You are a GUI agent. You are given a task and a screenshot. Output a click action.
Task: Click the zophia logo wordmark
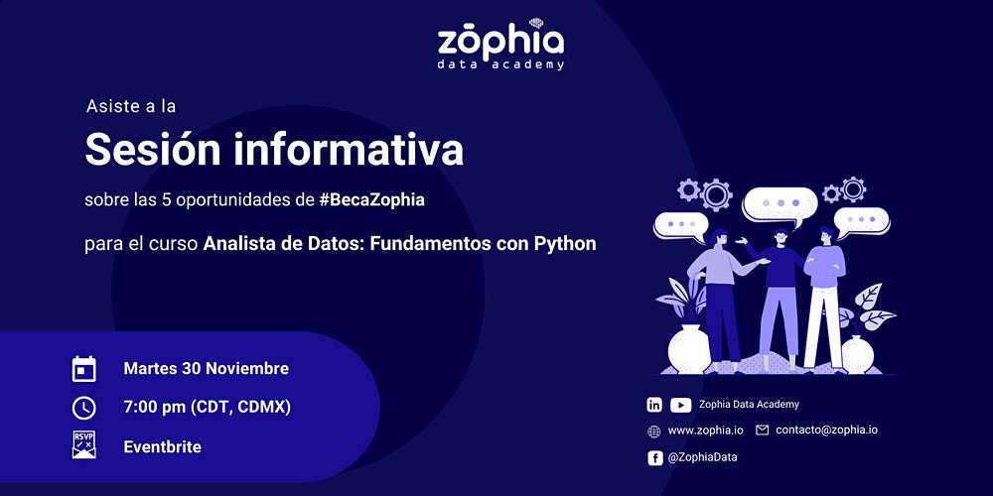tap(500, 42)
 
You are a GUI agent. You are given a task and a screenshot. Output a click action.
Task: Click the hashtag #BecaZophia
tap(372, 200)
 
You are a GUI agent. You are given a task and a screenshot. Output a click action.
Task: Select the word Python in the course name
tap(566, 244)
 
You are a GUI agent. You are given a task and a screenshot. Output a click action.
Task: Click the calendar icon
tap(84, 369)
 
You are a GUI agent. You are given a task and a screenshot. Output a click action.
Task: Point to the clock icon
tap(84, 408)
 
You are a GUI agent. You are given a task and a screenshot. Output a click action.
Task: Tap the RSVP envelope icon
tap(84, 444)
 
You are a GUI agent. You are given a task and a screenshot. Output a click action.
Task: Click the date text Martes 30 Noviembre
tap(207, 368)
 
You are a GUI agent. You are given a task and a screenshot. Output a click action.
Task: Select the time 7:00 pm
tap(155, 408)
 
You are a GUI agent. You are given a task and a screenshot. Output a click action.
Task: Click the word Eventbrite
tap(163, 447)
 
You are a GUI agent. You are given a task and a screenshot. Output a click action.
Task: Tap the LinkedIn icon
tap(654, 405)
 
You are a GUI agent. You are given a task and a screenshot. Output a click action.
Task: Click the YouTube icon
tap(681, 405)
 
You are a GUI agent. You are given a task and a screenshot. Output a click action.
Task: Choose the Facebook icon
tap(654, 458)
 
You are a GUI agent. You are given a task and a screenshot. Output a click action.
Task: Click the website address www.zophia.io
tap(705, 431)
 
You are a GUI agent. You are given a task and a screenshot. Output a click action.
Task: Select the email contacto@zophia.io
tap(826, 431)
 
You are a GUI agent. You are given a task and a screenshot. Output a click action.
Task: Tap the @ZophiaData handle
tap(702, 457)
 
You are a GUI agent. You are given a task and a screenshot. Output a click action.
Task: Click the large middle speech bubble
tap(780, 203)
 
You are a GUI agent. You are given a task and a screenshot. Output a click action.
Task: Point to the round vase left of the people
tap(689, 349)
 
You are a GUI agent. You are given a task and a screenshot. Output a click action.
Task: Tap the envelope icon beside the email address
tap(763, 431)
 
